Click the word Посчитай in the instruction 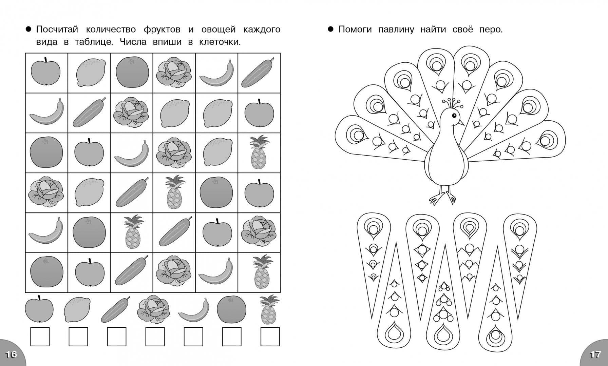point(57,30)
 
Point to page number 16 point(11,354)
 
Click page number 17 point(595,354)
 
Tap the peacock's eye point(454,116)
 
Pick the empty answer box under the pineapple point(270,337)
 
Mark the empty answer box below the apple point(40,337)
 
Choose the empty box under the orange point(232,337)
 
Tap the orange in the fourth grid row point(216,192)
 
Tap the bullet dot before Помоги point(331,29)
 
